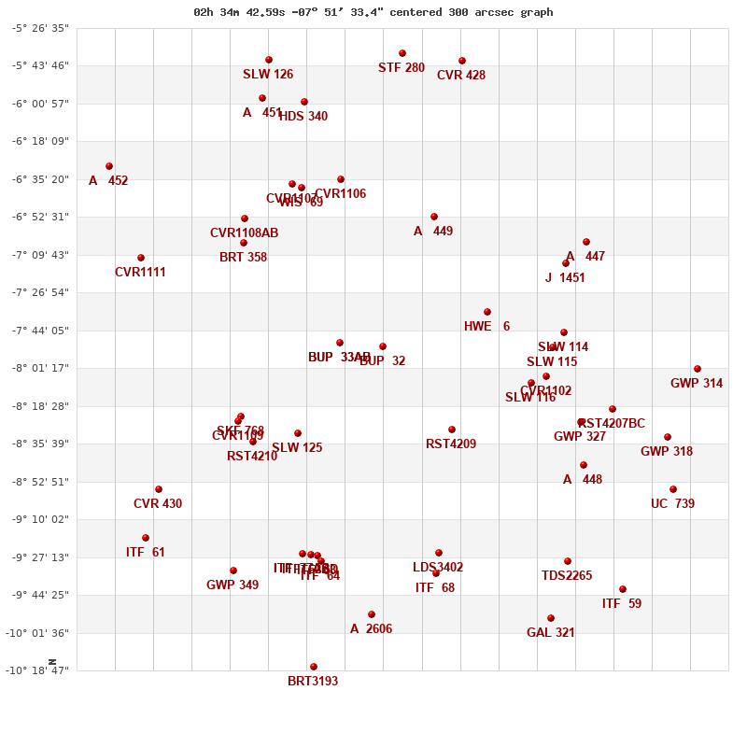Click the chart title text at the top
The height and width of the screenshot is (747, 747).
click(373, 12)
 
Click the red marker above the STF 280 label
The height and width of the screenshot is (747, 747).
click(402, 53)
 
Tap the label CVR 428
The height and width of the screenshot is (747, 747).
click(461, 76)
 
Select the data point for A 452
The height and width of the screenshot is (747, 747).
click(109, 166)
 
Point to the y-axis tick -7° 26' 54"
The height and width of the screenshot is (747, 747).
click(40, 292)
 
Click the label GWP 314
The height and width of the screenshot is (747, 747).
click(697, 384)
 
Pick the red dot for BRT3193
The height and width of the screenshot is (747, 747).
click(314, 667)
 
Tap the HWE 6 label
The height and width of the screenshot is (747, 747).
click(486, 327)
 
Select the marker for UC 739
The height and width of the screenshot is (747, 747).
click(673, 489)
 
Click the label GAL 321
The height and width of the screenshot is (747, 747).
click(551, 633)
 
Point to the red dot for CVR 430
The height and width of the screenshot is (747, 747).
click(159, 489)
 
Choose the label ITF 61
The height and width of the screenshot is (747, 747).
click(146, 553)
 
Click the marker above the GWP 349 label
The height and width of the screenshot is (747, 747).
click(233, 571)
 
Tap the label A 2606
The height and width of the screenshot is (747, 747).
click(371, 629)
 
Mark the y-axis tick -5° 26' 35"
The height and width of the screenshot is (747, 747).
click(40, 28)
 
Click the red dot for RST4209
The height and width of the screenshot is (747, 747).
click(452, 430)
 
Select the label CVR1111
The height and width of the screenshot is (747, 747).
click(140, 273)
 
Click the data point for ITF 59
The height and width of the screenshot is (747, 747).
click(623, 589)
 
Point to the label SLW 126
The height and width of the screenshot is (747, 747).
click(268, 75)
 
